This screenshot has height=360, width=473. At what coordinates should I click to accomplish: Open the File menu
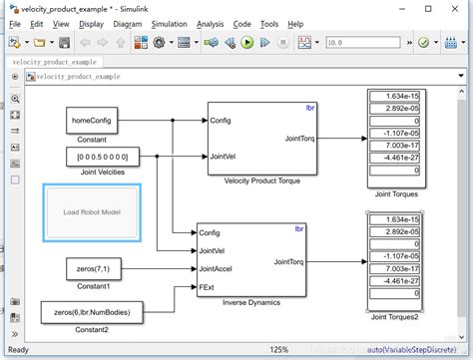(x=15, y=23)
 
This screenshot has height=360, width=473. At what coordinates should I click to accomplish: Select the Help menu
(x=296, y=23)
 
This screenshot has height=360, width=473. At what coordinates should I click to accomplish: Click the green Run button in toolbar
(x=246, y=43)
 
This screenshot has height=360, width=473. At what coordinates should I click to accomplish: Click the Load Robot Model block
(x=92, y=211)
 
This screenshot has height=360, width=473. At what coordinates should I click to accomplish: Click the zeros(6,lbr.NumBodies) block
(x=92, y=313)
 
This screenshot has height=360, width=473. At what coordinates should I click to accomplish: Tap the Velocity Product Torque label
(x=260, y=182)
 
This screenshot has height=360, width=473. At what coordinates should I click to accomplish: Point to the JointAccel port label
(x=217, y=268)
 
